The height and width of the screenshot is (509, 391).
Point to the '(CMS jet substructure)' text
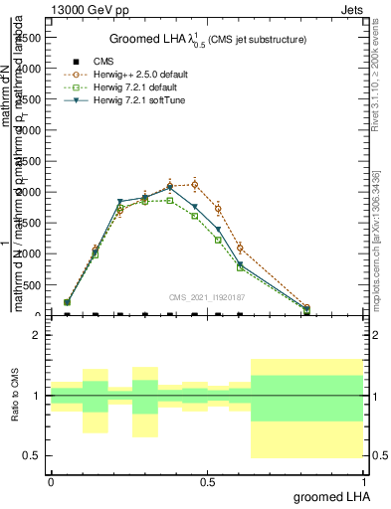pos(258,40)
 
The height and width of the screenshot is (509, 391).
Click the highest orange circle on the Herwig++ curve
pos(195,184)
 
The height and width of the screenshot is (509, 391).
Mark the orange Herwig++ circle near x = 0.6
pos(240,248)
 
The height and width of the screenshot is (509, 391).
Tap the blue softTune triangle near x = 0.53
pos(218,228)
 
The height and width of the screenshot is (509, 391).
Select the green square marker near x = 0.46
pos(195,216)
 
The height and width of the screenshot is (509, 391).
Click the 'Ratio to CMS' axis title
pos(15,396)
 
